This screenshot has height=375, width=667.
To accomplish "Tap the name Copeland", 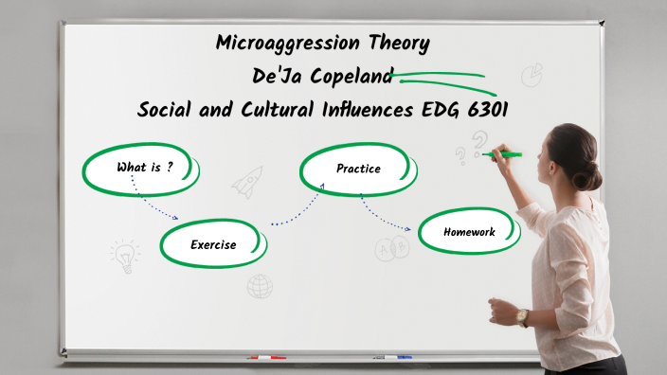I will [352, 77].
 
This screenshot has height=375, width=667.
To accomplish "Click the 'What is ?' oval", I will [142, 169].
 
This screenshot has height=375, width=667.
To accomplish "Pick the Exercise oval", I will [213, 244].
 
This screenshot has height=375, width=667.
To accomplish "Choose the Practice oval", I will [358, 170].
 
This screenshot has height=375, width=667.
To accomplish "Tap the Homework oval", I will [469, 231].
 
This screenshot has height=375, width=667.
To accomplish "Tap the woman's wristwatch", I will [522, 316].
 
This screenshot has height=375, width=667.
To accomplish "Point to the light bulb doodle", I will [124, 255].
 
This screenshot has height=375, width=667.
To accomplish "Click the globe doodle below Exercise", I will [260, 285].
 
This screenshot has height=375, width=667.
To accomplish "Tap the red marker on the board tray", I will [266, 358].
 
